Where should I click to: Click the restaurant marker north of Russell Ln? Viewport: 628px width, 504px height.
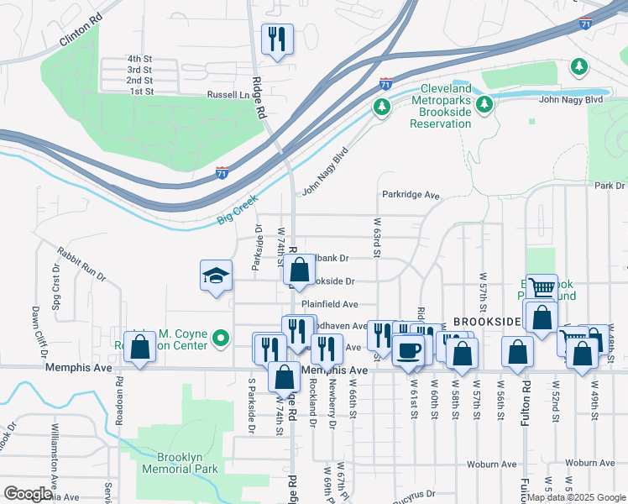(x=277, y=39)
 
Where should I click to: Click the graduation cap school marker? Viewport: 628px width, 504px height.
(x=216, y=276)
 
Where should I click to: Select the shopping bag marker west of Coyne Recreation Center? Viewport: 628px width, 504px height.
(x=140, y=347)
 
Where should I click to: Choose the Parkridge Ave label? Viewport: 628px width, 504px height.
(x=411, y=195)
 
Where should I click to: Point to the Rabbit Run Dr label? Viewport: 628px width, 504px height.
(x=81, y=263)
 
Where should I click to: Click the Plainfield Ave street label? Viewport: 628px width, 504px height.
(x=330, y=304)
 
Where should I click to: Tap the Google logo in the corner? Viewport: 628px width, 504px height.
(x=28, y=493)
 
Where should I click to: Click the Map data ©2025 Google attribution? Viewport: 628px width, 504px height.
(x=576, y=497)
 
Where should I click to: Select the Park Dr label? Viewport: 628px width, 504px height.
(x=610, y=185)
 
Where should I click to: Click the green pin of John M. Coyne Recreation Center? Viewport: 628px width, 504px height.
(x=221, y=339)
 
